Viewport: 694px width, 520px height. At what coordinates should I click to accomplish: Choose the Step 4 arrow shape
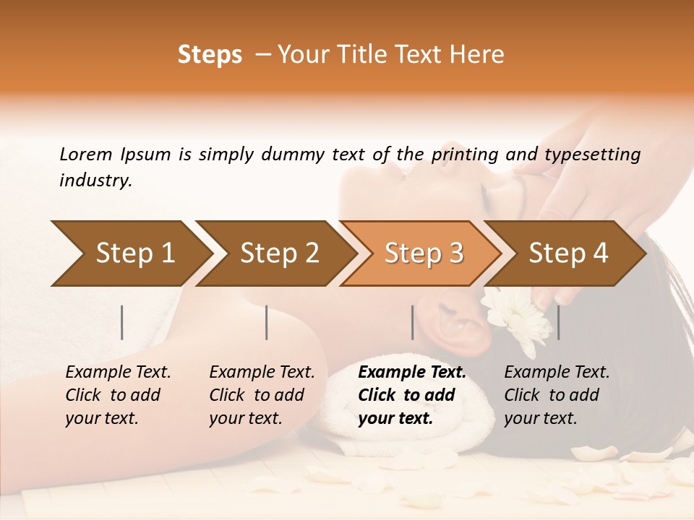click(x=567, y=253)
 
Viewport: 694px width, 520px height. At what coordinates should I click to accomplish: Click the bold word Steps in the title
click(x=210, y=55)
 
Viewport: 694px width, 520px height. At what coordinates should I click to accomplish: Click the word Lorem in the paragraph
click(x=86, y=155)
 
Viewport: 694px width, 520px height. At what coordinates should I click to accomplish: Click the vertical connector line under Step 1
click(x=122, y=322)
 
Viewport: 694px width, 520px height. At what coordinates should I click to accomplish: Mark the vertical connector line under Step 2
click(x=267, y=322)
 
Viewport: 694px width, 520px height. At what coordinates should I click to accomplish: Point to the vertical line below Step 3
click(x=413, y=322)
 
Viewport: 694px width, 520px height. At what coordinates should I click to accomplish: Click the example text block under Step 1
click(x=118, y=395)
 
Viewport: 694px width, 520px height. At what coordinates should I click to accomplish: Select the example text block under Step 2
click(x=262, y=395)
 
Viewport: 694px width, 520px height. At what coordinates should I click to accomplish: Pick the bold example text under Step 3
click(x=412, y=395)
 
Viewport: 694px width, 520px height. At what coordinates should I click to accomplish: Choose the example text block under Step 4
click(x=557, y=395)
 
